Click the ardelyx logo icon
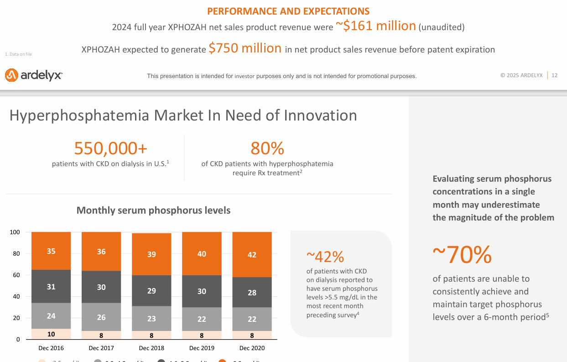point(11,75)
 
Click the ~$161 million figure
point(376,26)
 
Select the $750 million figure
point(245,48)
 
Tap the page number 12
point(555,75)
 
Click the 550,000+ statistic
point(110,148)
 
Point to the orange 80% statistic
point(267,148)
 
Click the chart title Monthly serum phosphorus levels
point(153,210)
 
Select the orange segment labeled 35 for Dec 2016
point(51,251)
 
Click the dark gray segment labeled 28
point(252,292)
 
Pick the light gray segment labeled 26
point(101,317)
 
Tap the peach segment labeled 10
point(51,334)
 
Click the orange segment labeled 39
point(151,254)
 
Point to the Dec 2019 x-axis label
point(202,348)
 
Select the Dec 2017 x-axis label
point(101,348)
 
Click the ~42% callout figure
point(325,257)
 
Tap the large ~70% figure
point(462,255)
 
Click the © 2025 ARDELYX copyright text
point(521,75)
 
